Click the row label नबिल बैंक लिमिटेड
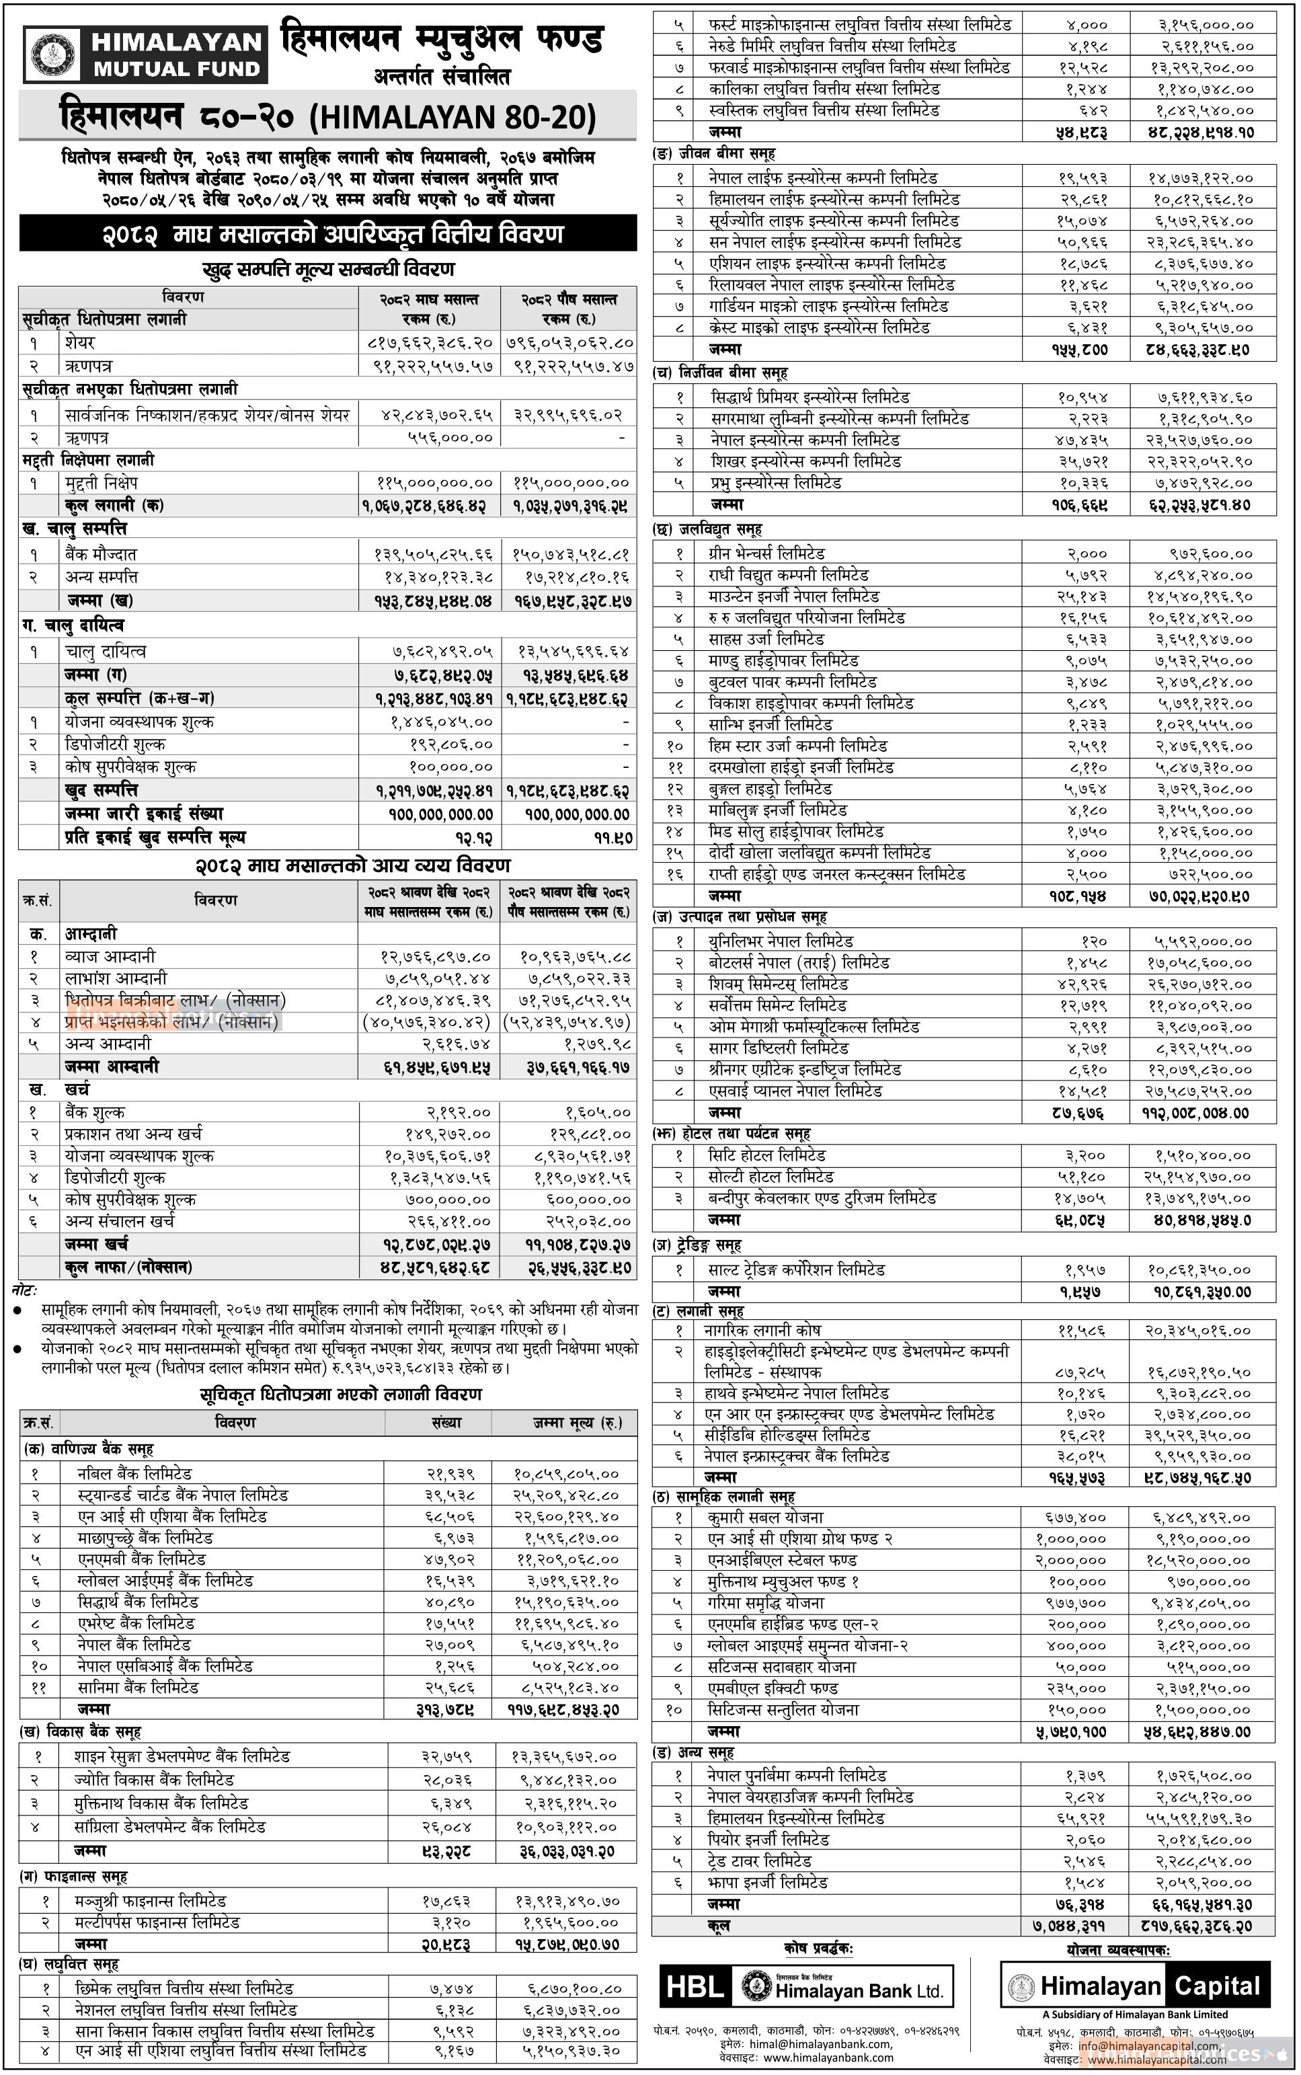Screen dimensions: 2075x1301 (134, 1474)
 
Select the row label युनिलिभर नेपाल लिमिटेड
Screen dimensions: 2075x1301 (781, 941)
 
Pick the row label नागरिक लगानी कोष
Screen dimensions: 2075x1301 (764, 1330)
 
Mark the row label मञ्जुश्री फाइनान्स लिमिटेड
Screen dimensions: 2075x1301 (151, 1900)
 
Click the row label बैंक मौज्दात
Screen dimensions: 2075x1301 (101, 555)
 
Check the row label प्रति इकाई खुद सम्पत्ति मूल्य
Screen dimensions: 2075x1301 (155, 837)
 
